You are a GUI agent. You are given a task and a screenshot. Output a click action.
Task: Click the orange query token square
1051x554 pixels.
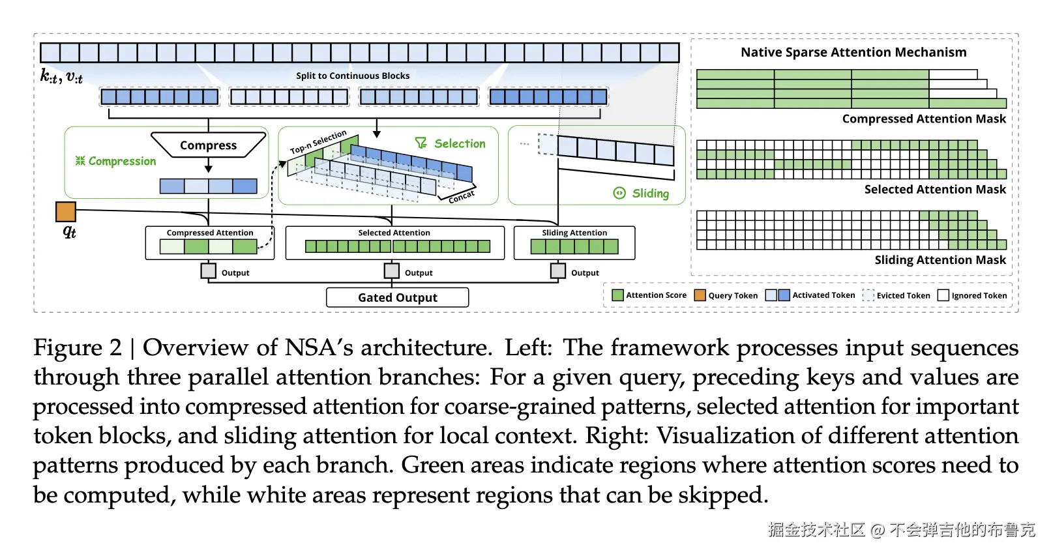pyautogui.click(x=66, y=212)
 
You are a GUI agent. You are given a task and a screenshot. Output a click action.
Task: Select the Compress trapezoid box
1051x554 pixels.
pyautogui.click(x=209, y=145)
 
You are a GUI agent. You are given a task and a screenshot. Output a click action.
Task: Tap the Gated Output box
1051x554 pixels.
pyautogui.click(x=398, y=297)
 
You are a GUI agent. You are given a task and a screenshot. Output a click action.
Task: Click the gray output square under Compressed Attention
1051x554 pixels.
pyautogui.click(x=209, y=270)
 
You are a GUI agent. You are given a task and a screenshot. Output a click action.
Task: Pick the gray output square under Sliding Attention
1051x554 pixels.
pyautogui.click(x=558, y=270)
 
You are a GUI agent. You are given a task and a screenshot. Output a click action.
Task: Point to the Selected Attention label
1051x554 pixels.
pyautogui.click(x=394, y=233)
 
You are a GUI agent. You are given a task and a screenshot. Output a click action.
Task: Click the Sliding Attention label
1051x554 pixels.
pyautogui.click(x=574, y=233)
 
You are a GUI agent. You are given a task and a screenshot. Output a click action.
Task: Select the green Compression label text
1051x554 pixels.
pyautogui.click(x=122, y=162)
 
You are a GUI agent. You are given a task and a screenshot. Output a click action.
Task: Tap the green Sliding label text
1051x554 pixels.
pyautogui.click(x=650, y=194)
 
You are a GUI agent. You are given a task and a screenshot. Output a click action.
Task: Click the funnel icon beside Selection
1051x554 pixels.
pyautogui.click(x=421, y=143)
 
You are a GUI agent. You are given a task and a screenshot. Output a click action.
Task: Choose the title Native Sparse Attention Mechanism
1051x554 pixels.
pyautogui.click(x=853, y=52)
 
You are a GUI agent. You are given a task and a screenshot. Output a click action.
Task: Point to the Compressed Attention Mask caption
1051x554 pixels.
pyautogui.click(x=924, y=119)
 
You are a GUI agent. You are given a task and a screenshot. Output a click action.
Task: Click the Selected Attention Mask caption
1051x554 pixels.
pyautogui.click(x=935, y=189)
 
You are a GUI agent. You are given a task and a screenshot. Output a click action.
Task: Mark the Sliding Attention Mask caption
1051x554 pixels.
pyautogui.click(x=940, y=260)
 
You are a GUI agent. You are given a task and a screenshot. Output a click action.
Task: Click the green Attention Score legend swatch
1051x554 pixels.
pyautogui.click(x=618, y=295)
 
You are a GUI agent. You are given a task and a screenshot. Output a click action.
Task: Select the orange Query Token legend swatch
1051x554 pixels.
pyautogui.click(x=700, y=295)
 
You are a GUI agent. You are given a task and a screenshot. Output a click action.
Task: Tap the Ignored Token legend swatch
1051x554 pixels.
pyautogui.click(x=943, y=295)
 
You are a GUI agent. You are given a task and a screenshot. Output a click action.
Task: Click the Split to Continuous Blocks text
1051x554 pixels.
pyautogui.click(x=353, y=76)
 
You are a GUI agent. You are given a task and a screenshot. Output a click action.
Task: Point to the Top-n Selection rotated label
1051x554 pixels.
pyautogui.click(x=318, y=141)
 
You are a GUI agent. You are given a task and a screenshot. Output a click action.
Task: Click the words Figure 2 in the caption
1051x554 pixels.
pyautogui.click(x=78, y=348)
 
